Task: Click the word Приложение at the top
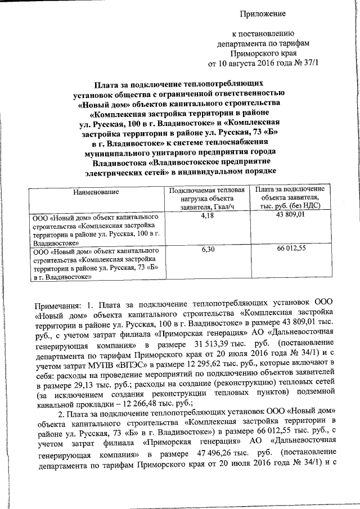coord(263,13)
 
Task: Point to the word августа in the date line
coord(246,62)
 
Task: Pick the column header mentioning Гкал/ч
coord(206,198)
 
